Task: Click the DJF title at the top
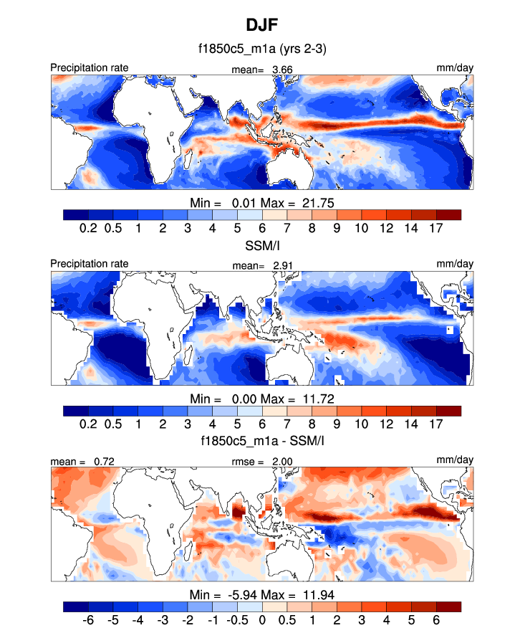[x=261, y=26]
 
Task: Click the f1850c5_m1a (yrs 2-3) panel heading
[x=261, y=50]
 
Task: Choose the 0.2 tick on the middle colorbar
[x=88, y=423]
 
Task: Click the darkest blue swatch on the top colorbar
[x=75, y=214]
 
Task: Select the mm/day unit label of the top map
[x=455, y=68]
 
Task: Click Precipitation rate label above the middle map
[x=90, y=264]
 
